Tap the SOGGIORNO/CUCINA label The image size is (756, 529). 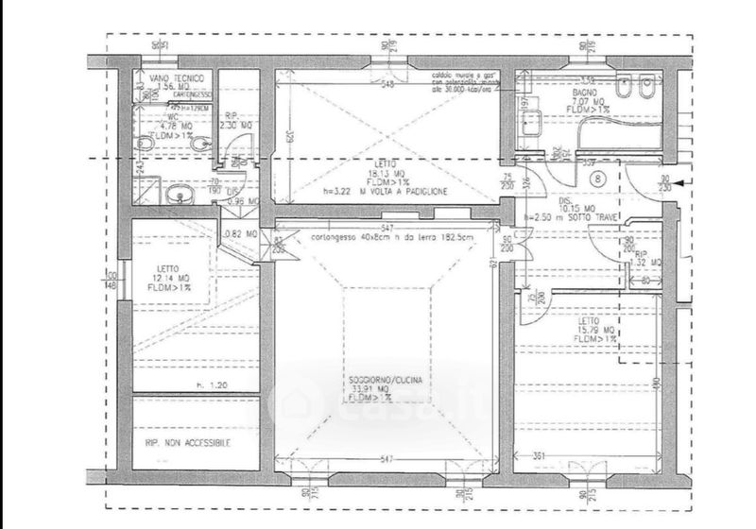click(x=385, y=380)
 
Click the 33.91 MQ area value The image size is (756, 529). click(x=385, y=388)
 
